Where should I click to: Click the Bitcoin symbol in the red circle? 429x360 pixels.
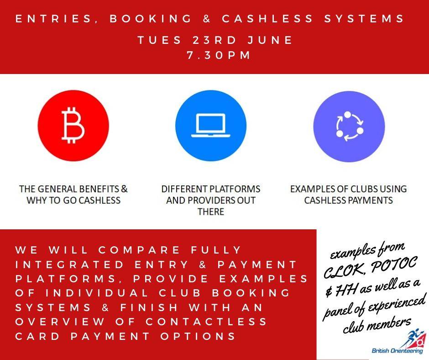pyautogui.click(x=73, y=126)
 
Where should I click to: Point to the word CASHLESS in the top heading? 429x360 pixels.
pyautogui.click(x=267, y=19)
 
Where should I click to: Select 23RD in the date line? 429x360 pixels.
pyautogui.click(x=214, y=40)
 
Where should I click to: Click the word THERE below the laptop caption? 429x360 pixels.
pyautogui.click(x=211, y=212)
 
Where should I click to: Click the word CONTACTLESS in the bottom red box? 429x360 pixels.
pyautogui.click(x=206, y=321)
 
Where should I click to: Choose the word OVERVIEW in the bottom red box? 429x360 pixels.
pyautogui.click(x=60, y=321)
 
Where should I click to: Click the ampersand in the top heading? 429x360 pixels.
pyautogui.click(x=207, y=19)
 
